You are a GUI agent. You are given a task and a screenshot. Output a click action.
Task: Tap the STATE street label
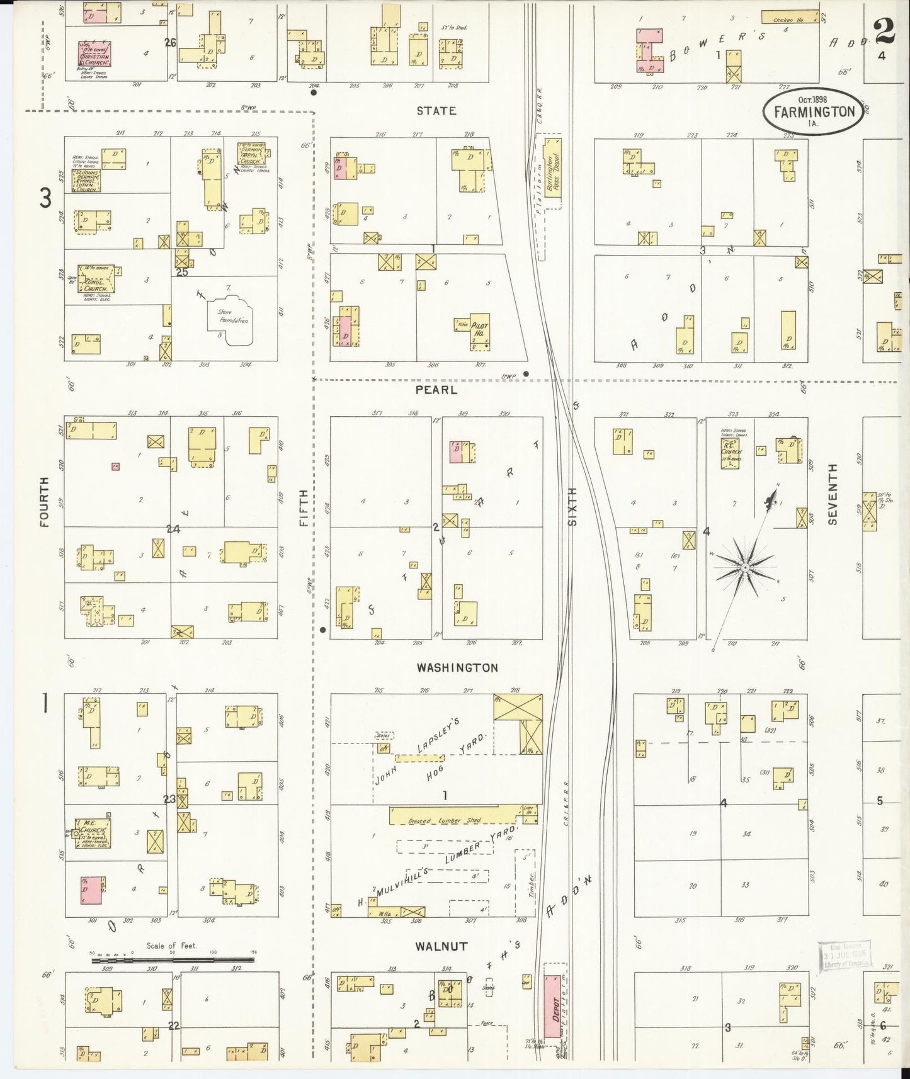click(x=436, y=111)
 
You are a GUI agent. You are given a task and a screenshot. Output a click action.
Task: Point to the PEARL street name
click(x=436, y=390)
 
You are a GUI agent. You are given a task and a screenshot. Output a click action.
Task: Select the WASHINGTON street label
click(x=457, y=668)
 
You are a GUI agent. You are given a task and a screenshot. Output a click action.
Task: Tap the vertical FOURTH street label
click(x=44, y=501)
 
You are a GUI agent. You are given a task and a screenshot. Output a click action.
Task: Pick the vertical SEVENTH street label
click(x=833, y=494)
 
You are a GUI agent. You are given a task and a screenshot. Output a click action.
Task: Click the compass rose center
click(x=744, y=568)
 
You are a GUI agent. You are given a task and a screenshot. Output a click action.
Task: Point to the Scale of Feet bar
click(x=173, y=960)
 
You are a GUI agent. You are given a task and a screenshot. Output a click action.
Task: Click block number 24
click(x=173, y=529)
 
